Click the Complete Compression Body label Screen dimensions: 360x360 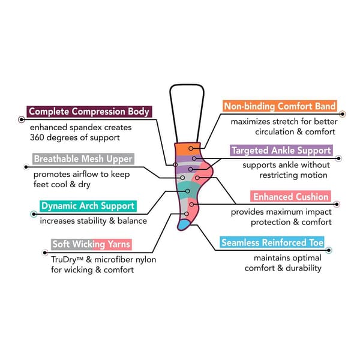pos(89,112)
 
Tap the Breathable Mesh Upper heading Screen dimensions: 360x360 pos(83,160)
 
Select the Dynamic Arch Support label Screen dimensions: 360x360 pos(88,206)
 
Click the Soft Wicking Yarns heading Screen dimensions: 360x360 pos(91,244)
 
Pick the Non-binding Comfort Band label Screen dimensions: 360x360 pos(280,107)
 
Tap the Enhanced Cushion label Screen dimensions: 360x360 pos(290,197)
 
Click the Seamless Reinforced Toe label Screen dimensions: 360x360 pos(272,243)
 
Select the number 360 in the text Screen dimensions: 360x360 pos(40,138)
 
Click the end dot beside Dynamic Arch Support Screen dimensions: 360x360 pos(32,214)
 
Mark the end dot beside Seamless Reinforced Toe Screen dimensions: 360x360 pos(329,249)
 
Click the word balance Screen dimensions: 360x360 pos(133,221)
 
